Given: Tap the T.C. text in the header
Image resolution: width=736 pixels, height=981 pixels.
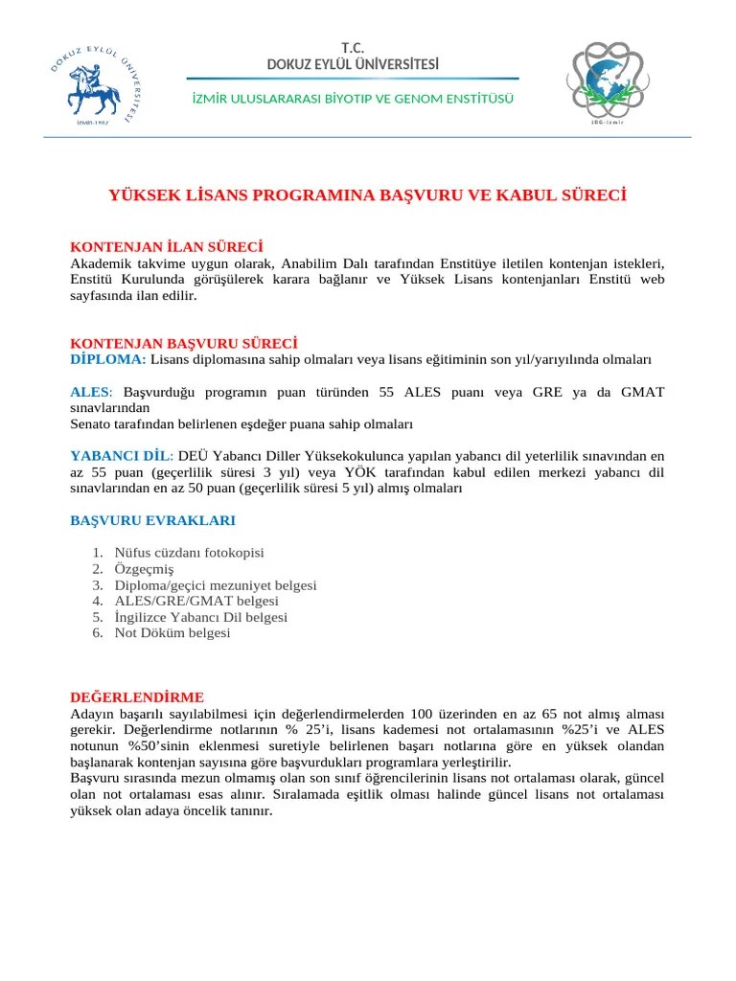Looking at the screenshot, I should pyautogui.click(x=353, y=48).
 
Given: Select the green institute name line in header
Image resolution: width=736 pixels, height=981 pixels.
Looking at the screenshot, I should pyautogui.click(x=353, y=99).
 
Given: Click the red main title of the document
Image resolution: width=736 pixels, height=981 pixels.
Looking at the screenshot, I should pyautogui.click(x=368, y=195).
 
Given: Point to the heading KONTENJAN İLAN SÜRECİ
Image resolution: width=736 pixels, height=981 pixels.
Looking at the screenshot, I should pyautogui.click(x=166, y=247).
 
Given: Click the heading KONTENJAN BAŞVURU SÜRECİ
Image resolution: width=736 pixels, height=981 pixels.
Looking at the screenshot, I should pyautogui.click(x=183, y=342).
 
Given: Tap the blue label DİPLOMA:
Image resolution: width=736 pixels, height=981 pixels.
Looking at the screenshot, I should pyautogui.click(x=108, y=359).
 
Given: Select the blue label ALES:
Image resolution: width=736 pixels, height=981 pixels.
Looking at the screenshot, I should pyautogui.click(x=92, y=392).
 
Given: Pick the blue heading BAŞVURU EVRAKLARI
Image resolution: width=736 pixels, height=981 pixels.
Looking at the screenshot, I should pyautogui.click(x=152, y=520).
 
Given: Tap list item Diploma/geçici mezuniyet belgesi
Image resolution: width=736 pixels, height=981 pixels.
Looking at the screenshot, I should pyautogui.click(x=216, y=585).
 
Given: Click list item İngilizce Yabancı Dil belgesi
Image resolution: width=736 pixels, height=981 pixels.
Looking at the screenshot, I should pyautogui.click(x=200, y=617).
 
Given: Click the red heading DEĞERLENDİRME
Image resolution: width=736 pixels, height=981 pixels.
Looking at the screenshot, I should pyautogui.click(x=137, y=697).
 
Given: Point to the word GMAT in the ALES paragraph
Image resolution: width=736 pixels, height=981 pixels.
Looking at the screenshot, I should pyautogui.click(x=642, y=392).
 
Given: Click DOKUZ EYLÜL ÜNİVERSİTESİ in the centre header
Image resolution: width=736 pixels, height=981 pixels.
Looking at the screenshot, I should pyautogui.click(x=353, y=64).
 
